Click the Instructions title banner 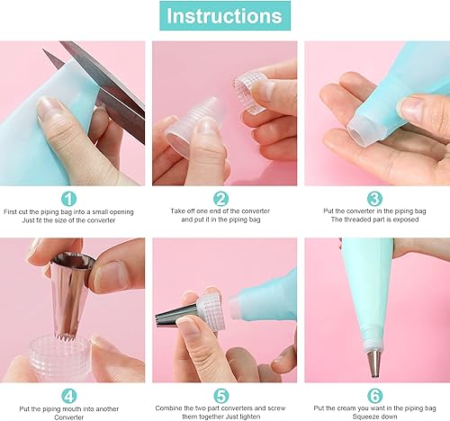pos(225,16)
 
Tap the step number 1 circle pos(68,199)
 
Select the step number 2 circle pos(220,199)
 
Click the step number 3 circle pos(374,199)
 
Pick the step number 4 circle pos(68,396)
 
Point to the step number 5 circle pos(220,396)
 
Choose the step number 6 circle pos(374,396)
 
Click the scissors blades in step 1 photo pos(102,84)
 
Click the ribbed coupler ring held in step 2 pos(249,93)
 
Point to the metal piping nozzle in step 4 pos(70,297)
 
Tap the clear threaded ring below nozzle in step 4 pos(60,357)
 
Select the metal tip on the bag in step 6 pos(375,363)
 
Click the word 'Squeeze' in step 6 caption pos(364,417)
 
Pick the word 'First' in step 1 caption pos(10,211)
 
